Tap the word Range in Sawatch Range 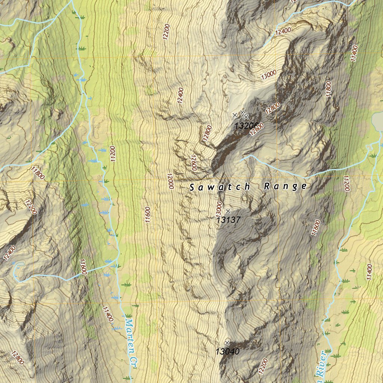(x=285, y=186)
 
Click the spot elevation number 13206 (x=246, y=125)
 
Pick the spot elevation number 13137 (x=228, y=220)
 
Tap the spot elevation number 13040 (x=227, y=351)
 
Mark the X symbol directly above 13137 (x=228, y=211)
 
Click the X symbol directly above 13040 (x=227, y=343)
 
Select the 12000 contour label (x=170, y=181)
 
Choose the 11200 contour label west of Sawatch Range (x=113, y=154)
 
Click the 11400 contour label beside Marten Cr (x=107, y=314)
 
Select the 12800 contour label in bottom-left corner (x=18, y=358)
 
